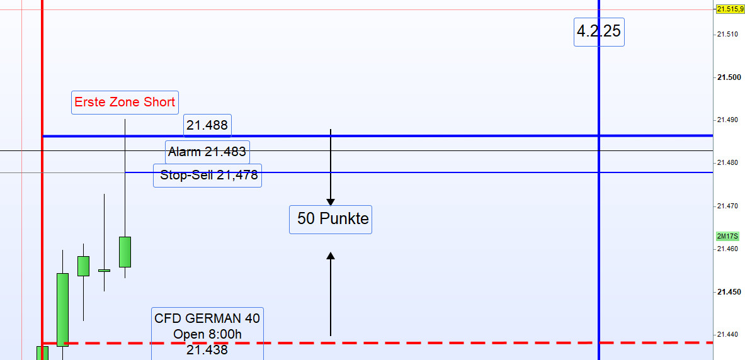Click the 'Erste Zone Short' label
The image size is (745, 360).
click(125, 102)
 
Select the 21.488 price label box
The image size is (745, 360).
click(207, 126)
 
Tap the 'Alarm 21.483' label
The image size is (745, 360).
click(207, 152)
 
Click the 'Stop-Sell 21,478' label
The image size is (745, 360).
click(207, 176)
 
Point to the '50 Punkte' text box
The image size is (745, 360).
click(331, 220)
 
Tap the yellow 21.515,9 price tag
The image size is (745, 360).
click(730, 9)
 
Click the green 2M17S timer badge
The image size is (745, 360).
click(727, 237)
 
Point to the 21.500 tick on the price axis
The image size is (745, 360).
click(729, 77)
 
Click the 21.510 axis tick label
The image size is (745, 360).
click(729, 34)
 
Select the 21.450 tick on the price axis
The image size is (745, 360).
click(729, 292)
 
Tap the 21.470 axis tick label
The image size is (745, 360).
click(729, 206)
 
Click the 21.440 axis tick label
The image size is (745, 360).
click(729, 335)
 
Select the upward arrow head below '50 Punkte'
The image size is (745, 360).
click(331, 256)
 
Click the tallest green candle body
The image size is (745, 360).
click(62, 310)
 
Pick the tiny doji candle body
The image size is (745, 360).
click(104, 271)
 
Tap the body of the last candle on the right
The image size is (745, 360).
click(125, 252)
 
